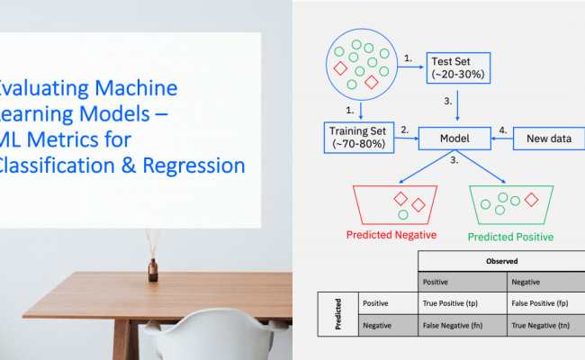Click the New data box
click(549, 139)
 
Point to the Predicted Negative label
click(391, 236)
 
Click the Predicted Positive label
click(510, 237)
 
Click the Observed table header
click(499, 261)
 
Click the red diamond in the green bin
click(530, 198)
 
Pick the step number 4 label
click(504, 129)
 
